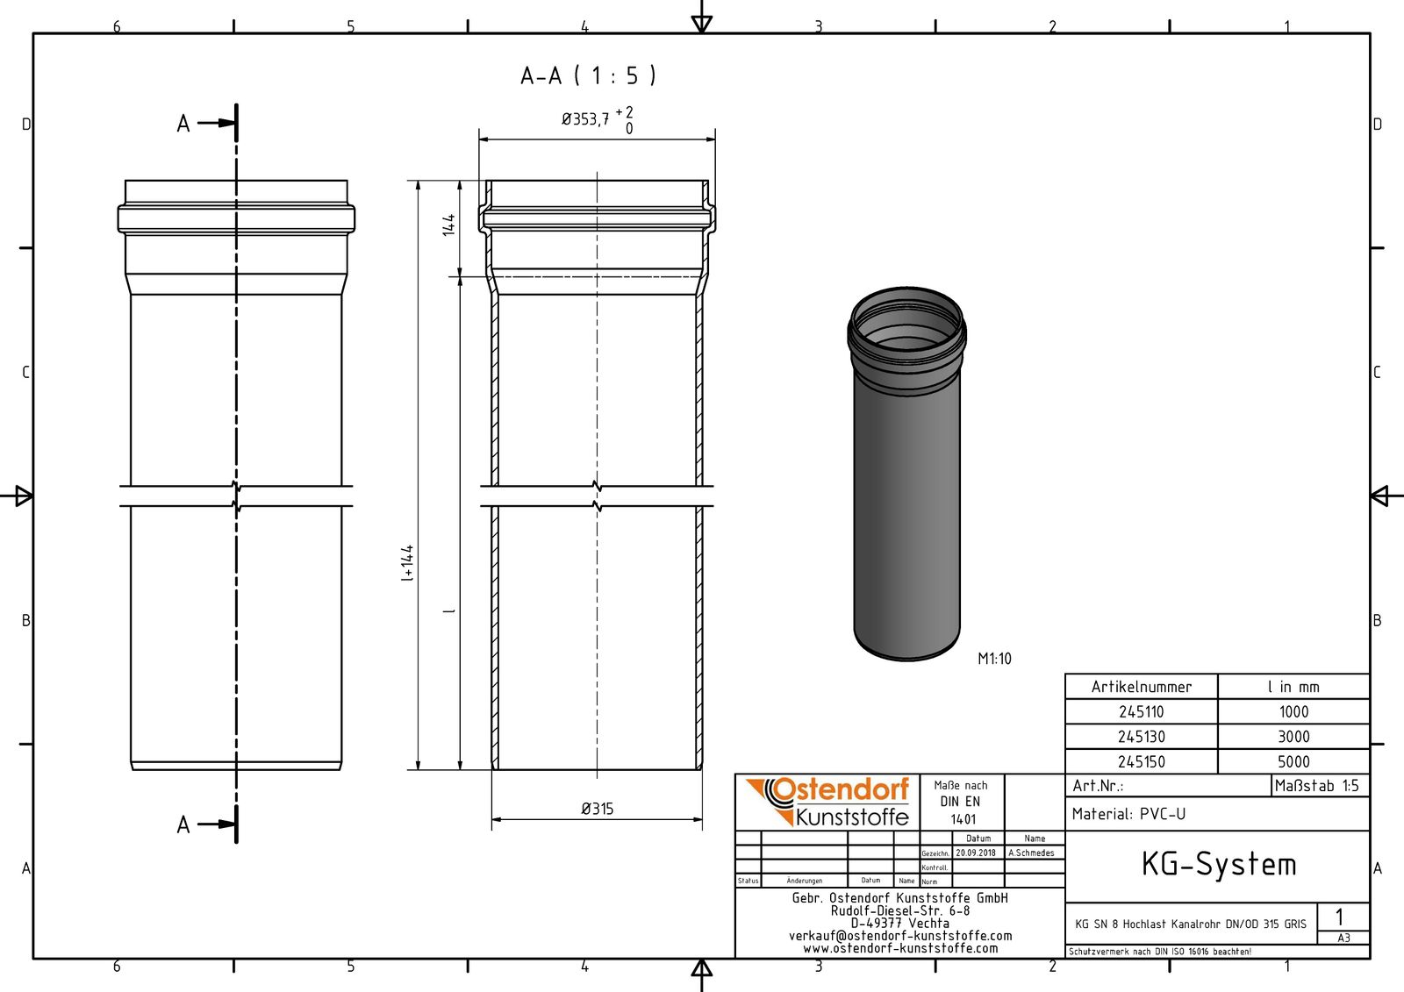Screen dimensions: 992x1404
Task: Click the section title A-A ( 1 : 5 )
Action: coord(588,76)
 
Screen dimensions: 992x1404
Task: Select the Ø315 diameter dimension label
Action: coord(597,809)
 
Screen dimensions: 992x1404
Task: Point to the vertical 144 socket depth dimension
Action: coord(449,225)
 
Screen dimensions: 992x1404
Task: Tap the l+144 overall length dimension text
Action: coord(407,564)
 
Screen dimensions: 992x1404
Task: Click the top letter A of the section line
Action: coord(183,124)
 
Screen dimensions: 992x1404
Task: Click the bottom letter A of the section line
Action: coord(183,824)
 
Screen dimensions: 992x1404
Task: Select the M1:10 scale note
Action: coord(994,659)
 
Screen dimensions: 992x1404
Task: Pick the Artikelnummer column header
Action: coord(1141,687)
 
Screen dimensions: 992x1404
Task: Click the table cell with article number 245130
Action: coord(1141,737)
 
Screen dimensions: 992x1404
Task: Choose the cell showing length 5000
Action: coord(1293,762)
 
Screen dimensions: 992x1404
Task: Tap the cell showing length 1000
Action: coord(1293,712)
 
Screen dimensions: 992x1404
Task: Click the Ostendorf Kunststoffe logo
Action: coord(827,802)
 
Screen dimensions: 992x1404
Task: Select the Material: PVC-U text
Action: coord(1128,814)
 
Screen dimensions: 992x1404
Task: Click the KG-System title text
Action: coord(1218,865)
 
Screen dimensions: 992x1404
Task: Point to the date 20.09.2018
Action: coord(976,853)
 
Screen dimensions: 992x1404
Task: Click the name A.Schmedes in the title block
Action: coord(1031,853)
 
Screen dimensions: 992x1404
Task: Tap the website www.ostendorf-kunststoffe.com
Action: coord(900,948)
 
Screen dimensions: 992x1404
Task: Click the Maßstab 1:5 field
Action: coord(1318,786)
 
